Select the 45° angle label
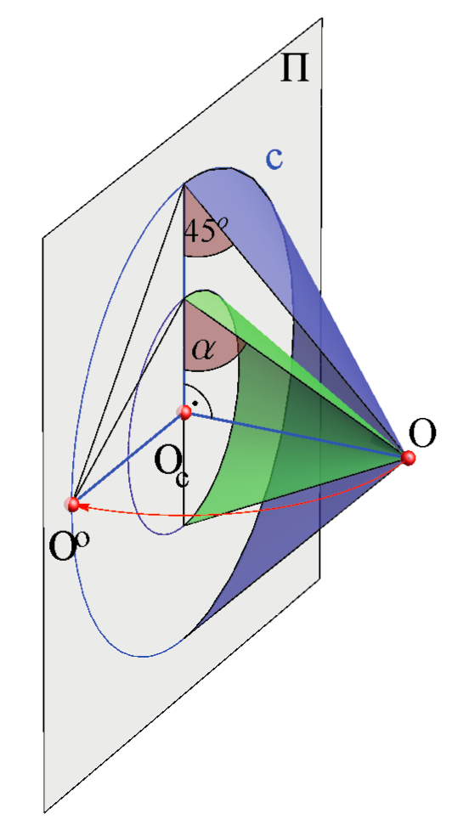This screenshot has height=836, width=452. point(205,231)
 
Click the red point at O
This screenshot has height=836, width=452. point(408,457)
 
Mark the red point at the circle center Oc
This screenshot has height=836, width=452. point(184,412)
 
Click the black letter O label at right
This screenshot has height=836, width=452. point(422,432)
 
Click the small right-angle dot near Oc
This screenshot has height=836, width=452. point(195,404)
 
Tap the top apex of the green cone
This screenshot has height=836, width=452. point(184,300)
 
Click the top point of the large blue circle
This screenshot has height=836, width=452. point(184,184)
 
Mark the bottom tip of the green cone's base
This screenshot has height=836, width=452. point(184,526)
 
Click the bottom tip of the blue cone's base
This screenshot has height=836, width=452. point(184,638)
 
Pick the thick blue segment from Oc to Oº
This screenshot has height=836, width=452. point(128,458)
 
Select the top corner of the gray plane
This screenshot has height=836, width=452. point(322,19)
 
